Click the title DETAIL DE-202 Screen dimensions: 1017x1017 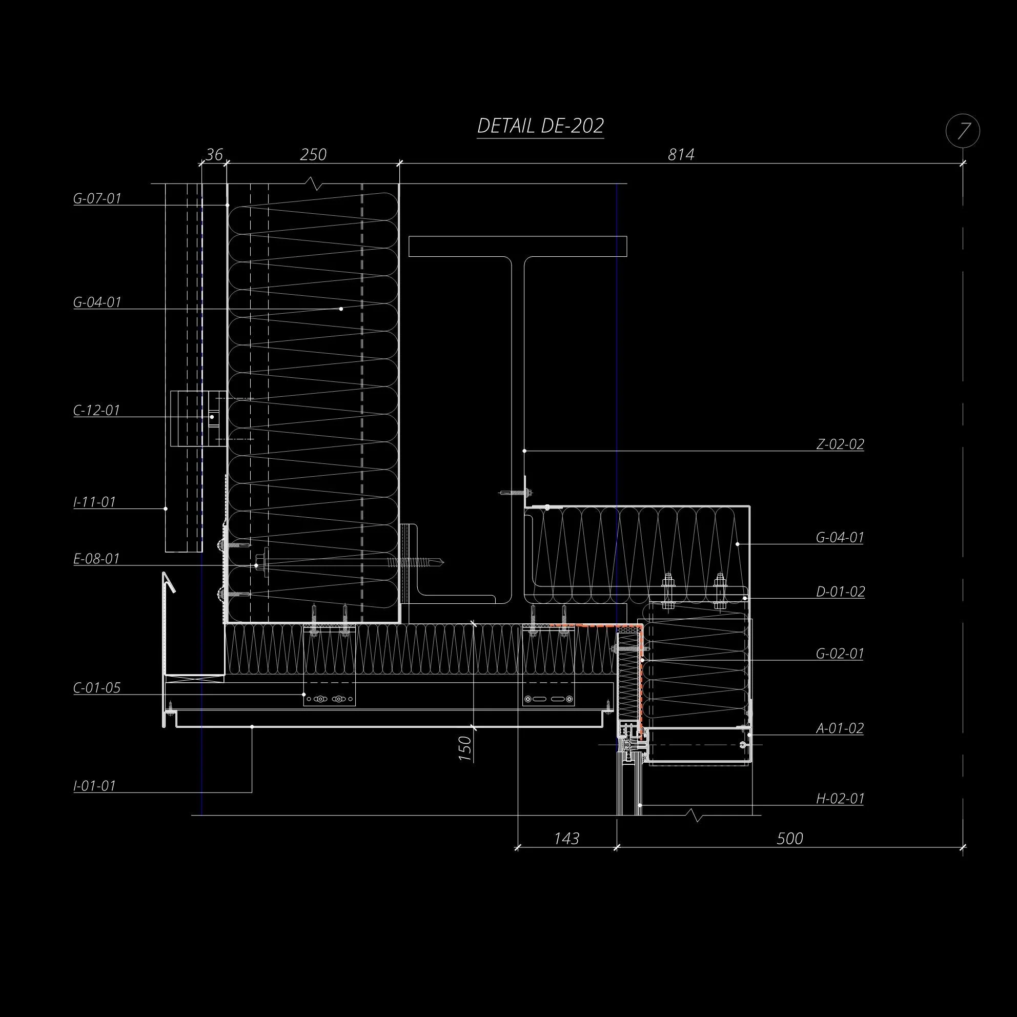[x=540, y=126]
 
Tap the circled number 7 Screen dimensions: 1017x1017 [x=963, y=131]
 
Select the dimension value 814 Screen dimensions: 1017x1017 [x=681, y=154]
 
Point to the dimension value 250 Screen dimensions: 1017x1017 [x=313, y=154]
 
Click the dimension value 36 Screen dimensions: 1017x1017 [x=214, y=154]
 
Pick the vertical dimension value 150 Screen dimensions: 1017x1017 [x=465, y=747]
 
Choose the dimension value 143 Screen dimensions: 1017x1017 [x=566, y=838]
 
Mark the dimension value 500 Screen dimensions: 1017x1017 [x=789, y=838]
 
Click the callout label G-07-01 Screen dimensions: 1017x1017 [x=97, y=198]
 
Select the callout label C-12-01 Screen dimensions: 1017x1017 [x=97, y=410]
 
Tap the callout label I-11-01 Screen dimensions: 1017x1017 [x=95, y=502]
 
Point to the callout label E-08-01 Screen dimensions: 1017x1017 [x=97, y=559]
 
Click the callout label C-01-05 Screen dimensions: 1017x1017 [x=97, y=687]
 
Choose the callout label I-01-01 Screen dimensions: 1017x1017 [x=95, y=785]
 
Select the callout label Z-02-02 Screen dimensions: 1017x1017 [x=840, y=444]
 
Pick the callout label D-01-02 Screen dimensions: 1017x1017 [x=840, y=592]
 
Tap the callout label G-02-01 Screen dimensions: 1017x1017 [x=840, y=653]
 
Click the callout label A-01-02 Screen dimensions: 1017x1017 [x=840, y=728]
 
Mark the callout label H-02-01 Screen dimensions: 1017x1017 [x=840, y=799]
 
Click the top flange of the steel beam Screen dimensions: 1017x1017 [x=517, y=247]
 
